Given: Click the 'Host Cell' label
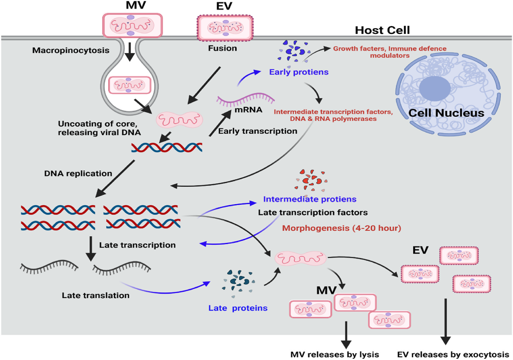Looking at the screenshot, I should (x=382, y=30).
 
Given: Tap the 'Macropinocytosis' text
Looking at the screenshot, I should (x=71, y=51).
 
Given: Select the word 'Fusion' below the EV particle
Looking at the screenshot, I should (x=222, y=48).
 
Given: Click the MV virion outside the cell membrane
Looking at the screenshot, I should (x=132, y=26).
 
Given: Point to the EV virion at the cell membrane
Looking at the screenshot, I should (x=225, y=28).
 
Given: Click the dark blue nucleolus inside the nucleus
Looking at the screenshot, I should (x=435, y=88).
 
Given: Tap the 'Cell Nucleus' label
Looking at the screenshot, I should (x=446, y=113).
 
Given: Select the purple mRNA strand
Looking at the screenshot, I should (x=245, y=99).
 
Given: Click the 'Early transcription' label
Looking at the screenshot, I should (x=258, y=131).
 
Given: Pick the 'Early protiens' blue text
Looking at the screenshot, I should (x=299, y=72).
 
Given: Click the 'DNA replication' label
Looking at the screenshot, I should (x=78, y=174).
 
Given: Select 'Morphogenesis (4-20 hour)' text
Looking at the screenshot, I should (x=341, y=228).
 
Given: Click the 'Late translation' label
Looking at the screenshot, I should (x=96, y=295).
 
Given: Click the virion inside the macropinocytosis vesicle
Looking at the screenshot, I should (x=130, y=85).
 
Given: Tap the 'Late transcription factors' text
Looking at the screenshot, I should (x=313, y=213).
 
